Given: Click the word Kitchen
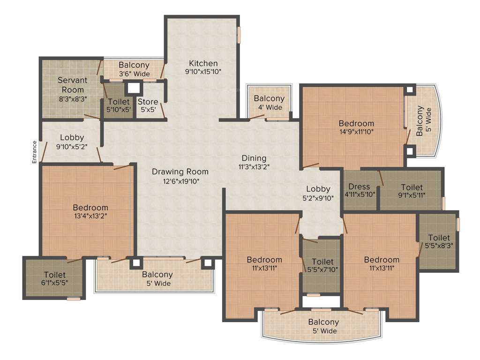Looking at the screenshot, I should point(203,63).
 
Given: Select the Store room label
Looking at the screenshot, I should point(148,102).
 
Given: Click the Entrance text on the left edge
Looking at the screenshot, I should point(34,152).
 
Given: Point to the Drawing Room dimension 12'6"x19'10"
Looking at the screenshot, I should point(180,181).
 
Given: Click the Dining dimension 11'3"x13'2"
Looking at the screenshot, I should point(254,166).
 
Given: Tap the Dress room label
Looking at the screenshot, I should point(360,187).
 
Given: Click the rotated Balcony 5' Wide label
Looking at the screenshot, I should point(424,121).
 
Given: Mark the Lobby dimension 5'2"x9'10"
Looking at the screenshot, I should point(318,197).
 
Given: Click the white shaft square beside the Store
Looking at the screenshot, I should point(134,88).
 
